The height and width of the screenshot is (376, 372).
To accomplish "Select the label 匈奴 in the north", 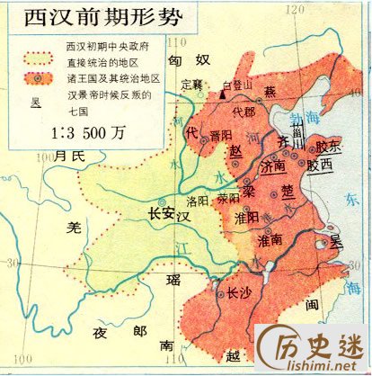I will pyautogui.click(x=189, y=60).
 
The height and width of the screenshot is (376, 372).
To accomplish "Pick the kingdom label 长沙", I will pyautogui.click(x=238, y=292).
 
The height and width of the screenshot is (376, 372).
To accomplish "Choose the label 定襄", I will pyautogui.click(x=192, y=84).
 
